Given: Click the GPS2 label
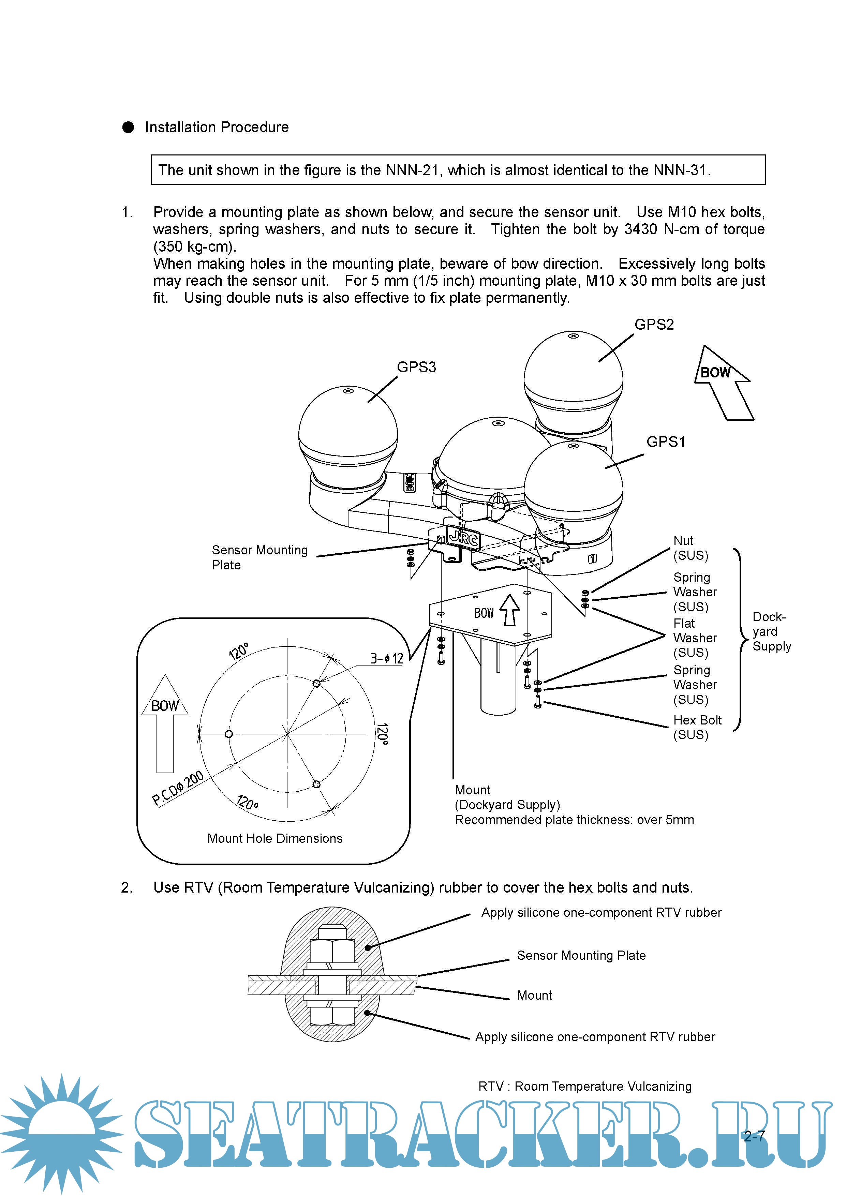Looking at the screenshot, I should [x=654, y=325].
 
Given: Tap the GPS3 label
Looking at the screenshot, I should [x=416, y=367].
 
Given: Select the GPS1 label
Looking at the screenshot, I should [x=666, y=442].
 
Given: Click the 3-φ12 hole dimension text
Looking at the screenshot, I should [x=387, y=658].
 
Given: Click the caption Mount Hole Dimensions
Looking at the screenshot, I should [x=274, y=838].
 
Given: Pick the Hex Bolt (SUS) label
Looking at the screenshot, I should [x=697, y=727].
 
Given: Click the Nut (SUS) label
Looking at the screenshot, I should [x=690, y=548].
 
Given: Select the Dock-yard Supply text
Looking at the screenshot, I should [x=771, y=631].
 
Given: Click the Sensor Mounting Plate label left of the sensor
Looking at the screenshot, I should [x=259, y=557].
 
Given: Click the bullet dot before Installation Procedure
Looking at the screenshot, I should [x=128, y=127].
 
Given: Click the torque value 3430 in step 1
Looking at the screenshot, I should [x=641, y=229].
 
